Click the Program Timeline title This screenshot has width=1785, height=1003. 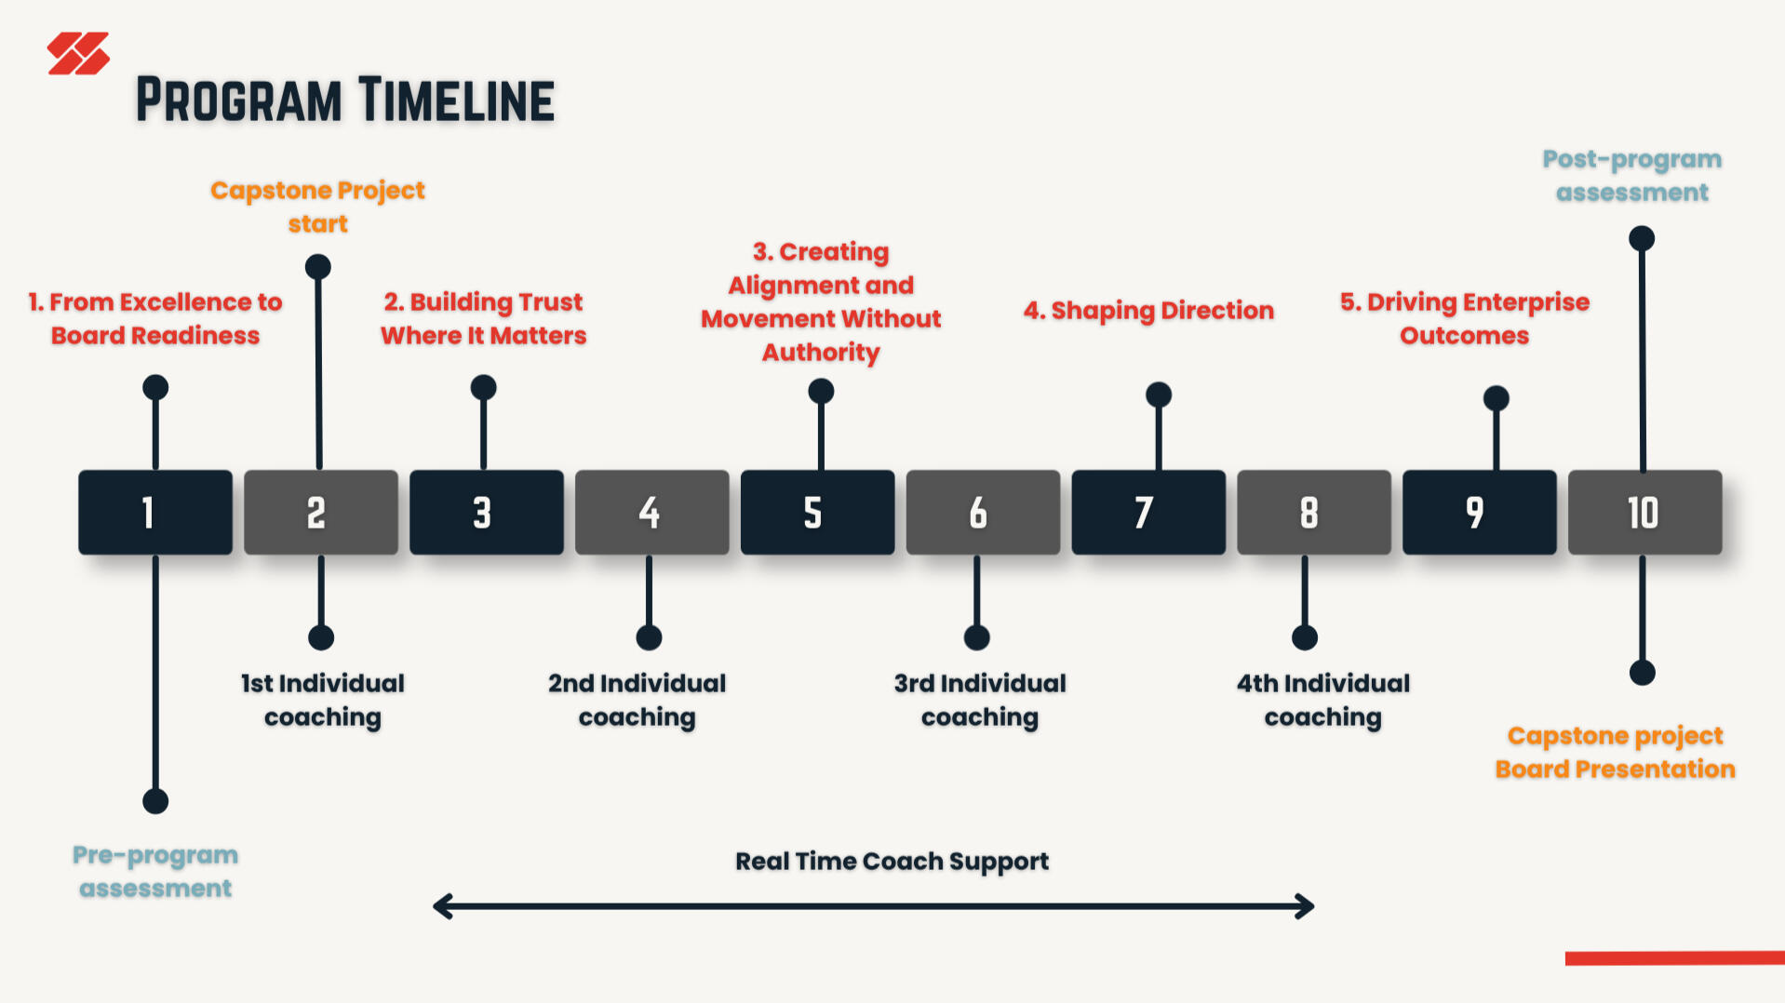click(345, 100)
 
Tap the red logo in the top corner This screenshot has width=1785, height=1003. click(78, 53)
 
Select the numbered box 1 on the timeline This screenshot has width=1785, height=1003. click(155, 513)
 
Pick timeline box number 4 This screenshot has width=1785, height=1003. click(651, 513)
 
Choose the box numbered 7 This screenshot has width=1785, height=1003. click(1148, 513)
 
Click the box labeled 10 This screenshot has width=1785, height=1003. click(1644, 513)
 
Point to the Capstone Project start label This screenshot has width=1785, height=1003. click(317, 207)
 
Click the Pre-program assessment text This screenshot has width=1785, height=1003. click(155, 871)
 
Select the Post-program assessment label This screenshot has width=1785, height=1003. click(1632, 175)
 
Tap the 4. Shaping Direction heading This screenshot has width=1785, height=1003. click(1148, 310)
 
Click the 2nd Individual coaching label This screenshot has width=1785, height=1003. click(637, 700)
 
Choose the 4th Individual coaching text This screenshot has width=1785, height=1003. click(1322, 700)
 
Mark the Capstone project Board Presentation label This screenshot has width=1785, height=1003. click(1615, 752)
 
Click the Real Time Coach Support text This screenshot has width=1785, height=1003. click(892, 862)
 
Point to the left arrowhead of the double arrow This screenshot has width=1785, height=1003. click(441, 906)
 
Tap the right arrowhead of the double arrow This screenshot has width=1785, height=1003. click(1307, 906)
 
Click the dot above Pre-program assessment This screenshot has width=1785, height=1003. click(155, 801)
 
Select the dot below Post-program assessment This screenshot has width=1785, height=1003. click(1642, 238)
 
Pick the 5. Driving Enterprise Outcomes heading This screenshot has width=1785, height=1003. click(1465, 318)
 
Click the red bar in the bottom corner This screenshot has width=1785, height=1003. click(1675, 958)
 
